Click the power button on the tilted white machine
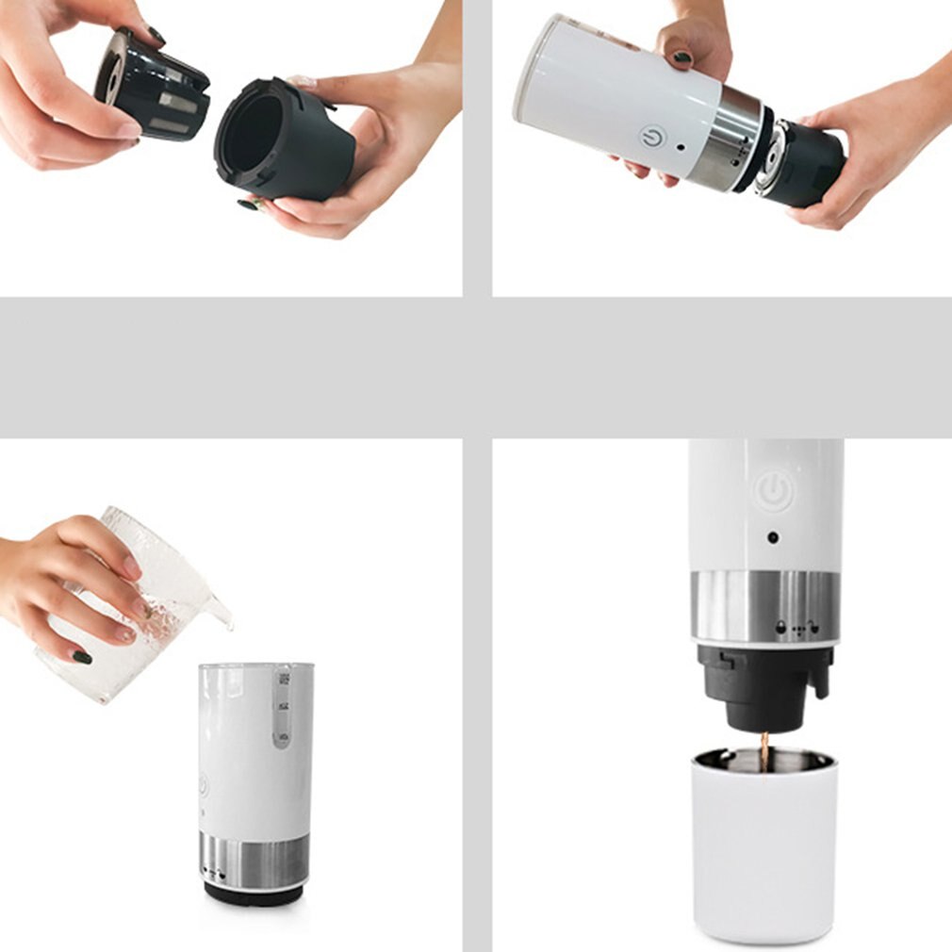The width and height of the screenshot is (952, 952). click(x=651, y=138)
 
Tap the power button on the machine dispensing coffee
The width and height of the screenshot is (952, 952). click(x=774, y=491)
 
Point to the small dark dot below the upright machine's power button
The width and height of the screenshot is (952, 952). click(x=773, y=538)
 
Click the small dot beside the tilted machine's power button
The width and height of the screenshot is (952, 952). click(x=680, y=148)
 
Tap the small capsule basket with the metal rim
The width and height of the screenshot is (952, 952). click(x=151, y=85)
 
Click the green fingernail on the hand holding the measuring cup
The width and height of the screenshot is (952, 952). click(x=83, y=657)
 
